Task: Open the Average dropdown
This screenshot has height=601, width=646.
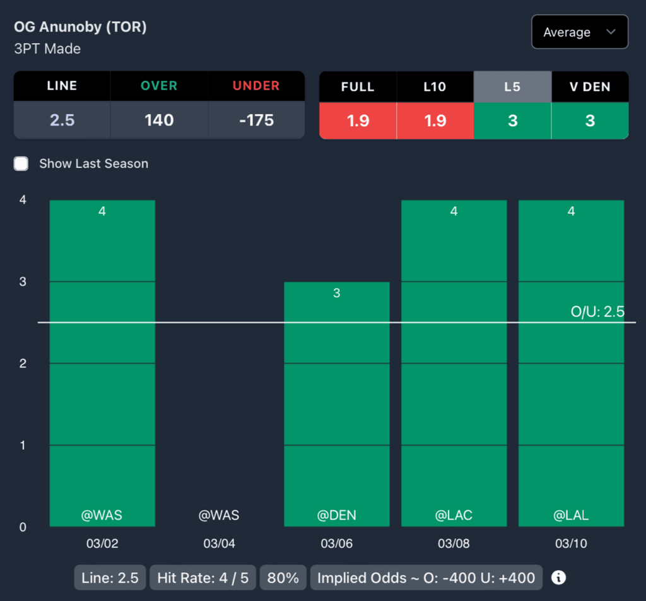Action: click(579, 32)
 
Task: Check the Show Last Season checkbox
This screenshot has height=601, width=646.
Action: click(21, 164)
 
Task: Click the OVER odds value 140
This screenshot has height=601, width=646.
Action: click(159, 120)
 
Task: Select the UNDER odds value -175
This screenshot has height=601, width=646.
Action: click(256, 120)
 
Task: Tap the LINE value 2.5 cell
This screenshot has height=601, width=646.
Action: click(62, 120)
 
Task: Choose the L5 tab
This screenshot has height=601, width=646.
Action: click(512, 86)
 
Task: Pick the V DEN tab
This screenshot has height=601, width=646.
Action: click(590, 86)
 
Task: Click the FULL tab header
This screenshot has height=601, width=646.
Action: click(358, 86)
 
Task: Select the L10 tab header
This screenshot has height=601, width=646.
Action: click(435, 86)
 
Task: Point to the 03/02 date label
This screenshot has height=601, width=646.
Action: click(102, 544)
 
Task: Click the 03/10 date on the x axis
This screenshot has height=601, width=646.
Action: click(571, 544)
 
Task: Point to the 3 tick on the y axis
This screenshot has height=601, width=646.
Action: click(23, 282)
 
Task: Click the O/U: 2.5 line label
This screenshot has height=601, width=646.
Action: click(597, 312)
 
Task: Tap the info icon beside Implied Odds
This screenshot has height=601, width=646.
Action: click(558, 578)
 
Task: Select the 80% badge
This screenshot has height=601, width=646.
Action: click(283, 578)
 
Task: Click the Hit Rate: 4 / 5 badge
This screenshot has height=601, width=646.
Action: click(203, 578)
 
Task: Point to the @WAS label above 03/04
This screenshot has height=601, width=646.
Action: click(219, 515)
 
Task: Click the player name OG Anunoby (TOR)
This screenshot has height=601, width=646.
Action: click(80, 27)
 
